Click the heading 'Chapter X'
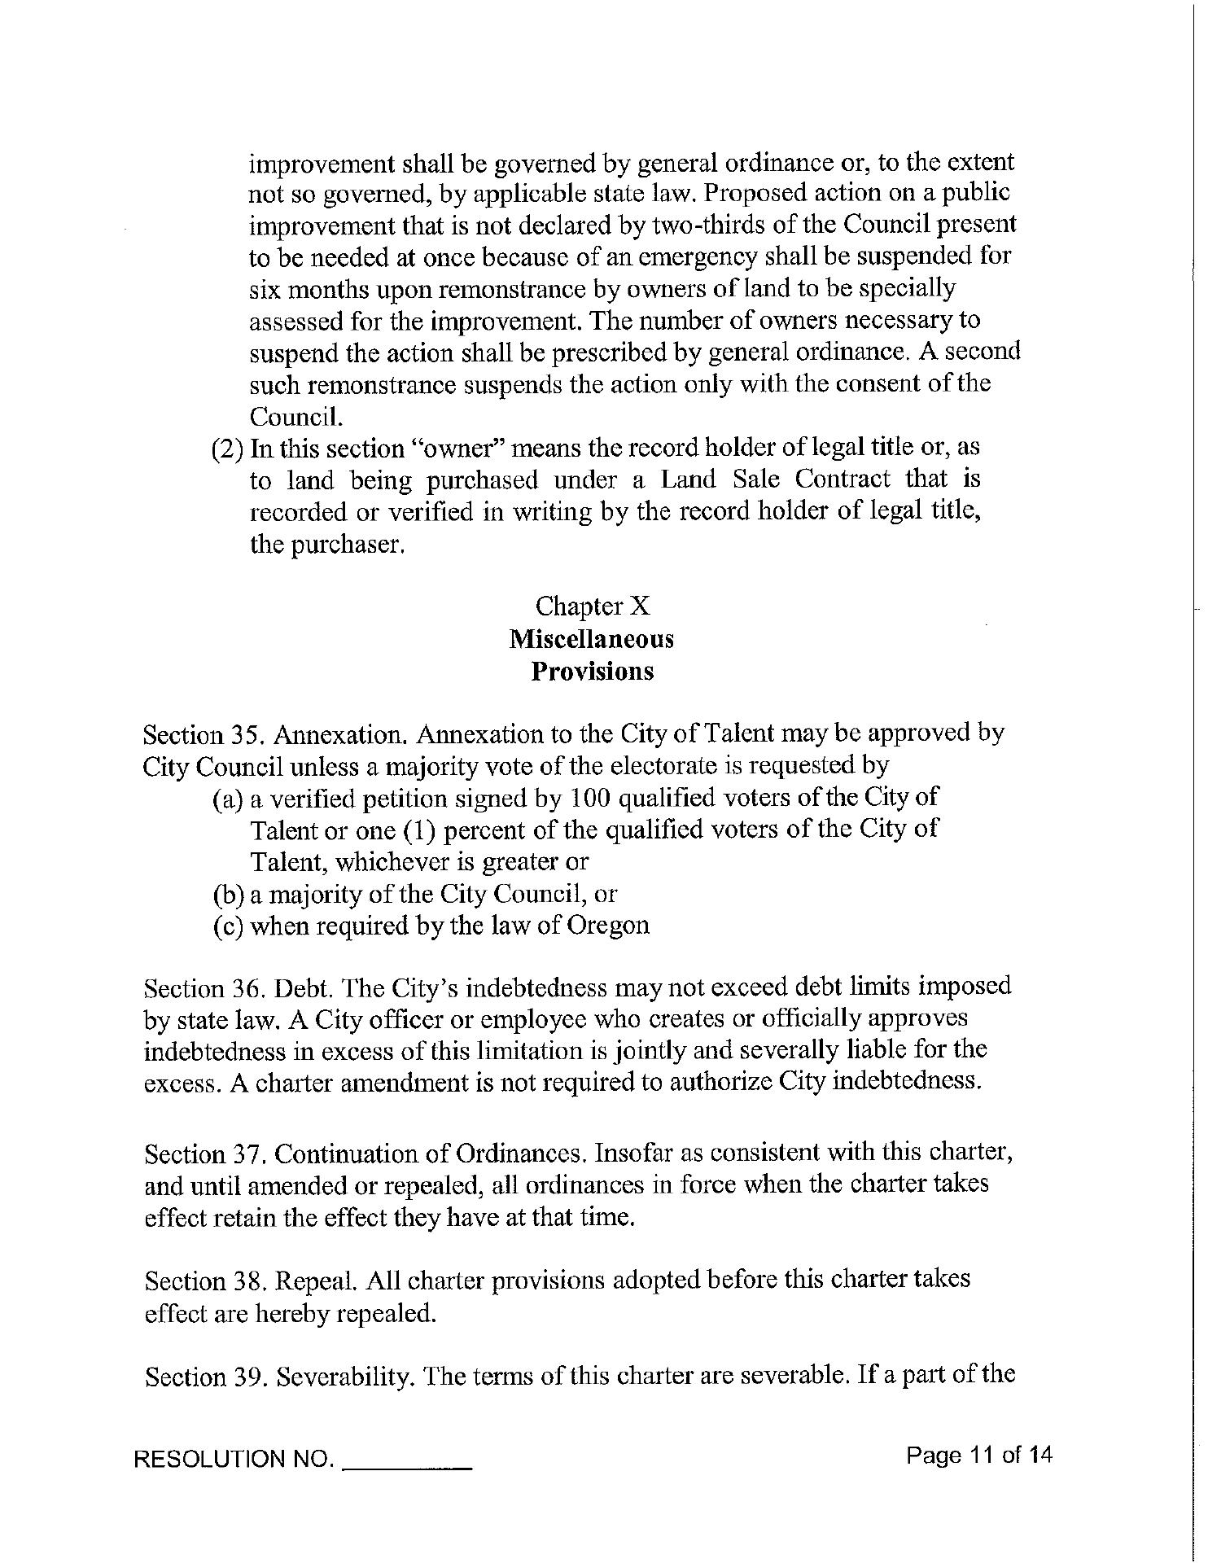point(592,606)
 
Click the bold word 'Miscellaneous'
point(592,639)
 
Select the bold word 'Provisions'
point(592,672)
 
